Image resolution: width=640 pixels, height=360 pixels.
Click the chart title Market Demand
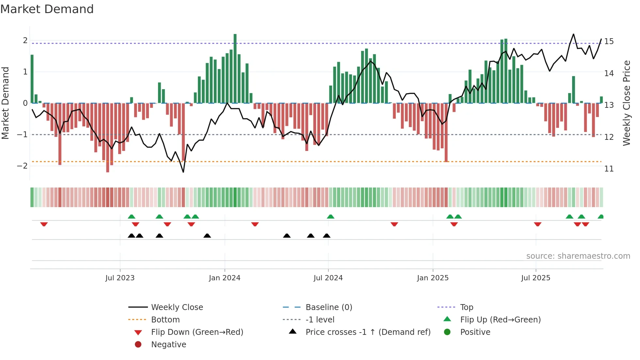47,9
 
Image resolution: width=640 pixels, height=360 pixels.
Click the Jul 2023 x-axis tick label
120,278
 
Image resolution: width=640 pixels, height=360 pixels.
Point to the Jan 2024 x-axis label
225,278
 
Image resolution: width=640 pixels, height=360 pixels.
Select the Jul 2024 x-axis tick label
328,278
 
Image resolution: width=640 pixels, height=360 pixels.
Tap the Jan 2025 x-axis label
433,278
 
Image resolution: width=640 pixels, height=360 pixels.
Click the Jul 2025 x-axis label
536,278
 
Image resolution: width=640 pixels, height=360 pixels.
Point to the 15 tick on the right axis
609,41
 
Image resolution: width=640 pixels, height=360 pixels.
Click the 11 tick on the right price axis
609,169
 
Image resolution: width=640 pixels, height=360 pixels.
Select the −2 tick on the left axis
22,166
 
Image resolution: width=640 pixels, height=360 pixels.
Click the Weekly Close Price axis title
626,103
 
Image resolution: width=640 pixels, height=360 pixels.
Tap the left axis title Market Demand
5,103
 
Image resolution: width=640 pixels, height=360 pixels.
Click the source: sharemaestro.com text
578,256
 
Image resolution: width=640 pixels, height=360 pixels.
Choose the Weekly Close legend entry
177,307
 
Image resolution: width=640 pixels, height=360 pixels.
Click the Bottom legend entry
165,320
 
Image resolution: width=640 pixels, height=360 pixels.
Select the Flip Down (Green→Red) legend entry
197,332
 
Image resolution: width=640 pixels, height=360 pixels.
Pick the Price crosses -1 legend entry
368,332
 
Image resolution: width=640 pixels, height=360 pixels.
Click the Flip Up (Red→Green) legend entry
500,320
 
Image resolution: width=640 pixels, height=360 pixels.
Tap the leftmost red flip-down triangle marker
44,224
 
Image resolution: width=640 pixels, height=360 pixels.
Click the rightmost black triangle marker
327,236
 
